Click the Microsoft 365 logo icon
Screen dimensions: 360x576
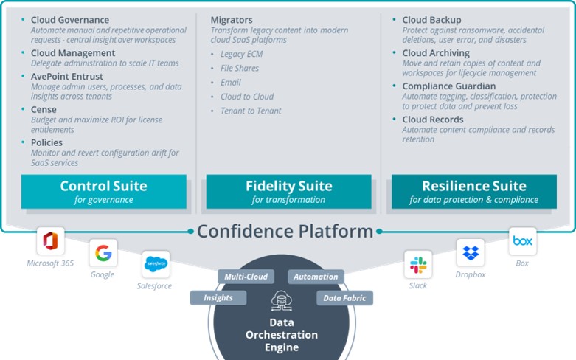[51, 241]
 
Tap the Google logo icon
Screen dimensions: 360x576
[103, 253]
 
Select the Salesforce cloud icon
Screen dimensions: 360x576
[155, 263]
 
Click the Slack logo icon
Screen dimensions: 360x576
[418, 264]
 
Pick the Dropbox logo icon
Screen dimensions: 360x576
[470, 253]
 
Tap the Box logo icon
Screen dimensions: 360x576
[522, 241]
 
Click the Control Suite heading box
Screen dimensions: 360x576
[103, 191]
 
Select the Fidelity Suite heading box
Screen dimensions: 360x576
[288, 191]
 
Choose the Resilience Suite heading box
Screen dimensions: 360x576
[473, 191]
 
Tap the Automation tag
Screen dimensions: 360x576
[315, 277]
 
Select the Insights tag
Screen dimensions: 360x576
[218, 297]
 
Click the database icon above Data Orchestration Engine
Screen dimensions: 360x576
[281, 300]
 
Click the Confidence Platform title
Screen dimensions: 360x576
[285, 231]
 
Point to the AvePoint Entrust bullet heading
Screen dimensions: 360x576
[66, 77]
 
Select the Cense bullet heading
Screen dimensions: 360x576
[44, 109]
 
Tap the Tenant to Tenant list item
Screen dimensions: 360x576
[250, 111]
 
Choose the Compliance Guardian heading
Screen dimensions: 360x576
[448, 86]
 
